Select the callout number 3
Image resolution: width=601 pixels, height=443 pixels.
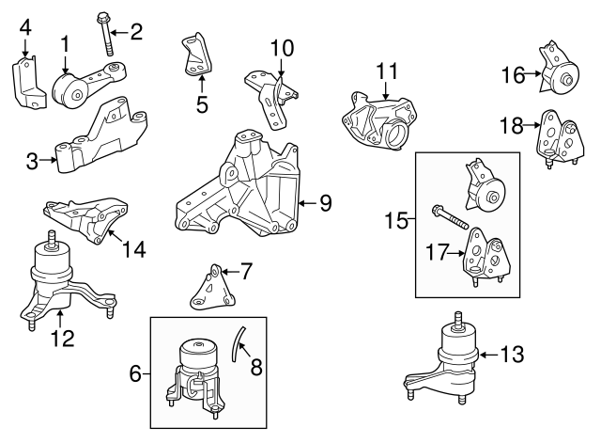tap(31, 162)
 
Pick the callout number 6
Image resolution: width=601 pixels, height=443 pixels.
tap(134, 373)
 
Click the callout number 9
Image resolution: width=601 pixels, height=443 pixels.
tap(325, 201)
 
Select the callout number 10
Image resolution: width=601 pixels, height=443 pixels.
tap(282, 47)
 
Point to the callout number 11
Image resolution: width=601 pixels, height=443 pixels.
tap(387, 71)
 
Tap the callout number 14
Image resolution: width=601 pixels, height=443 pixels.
tap(134, 249)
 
